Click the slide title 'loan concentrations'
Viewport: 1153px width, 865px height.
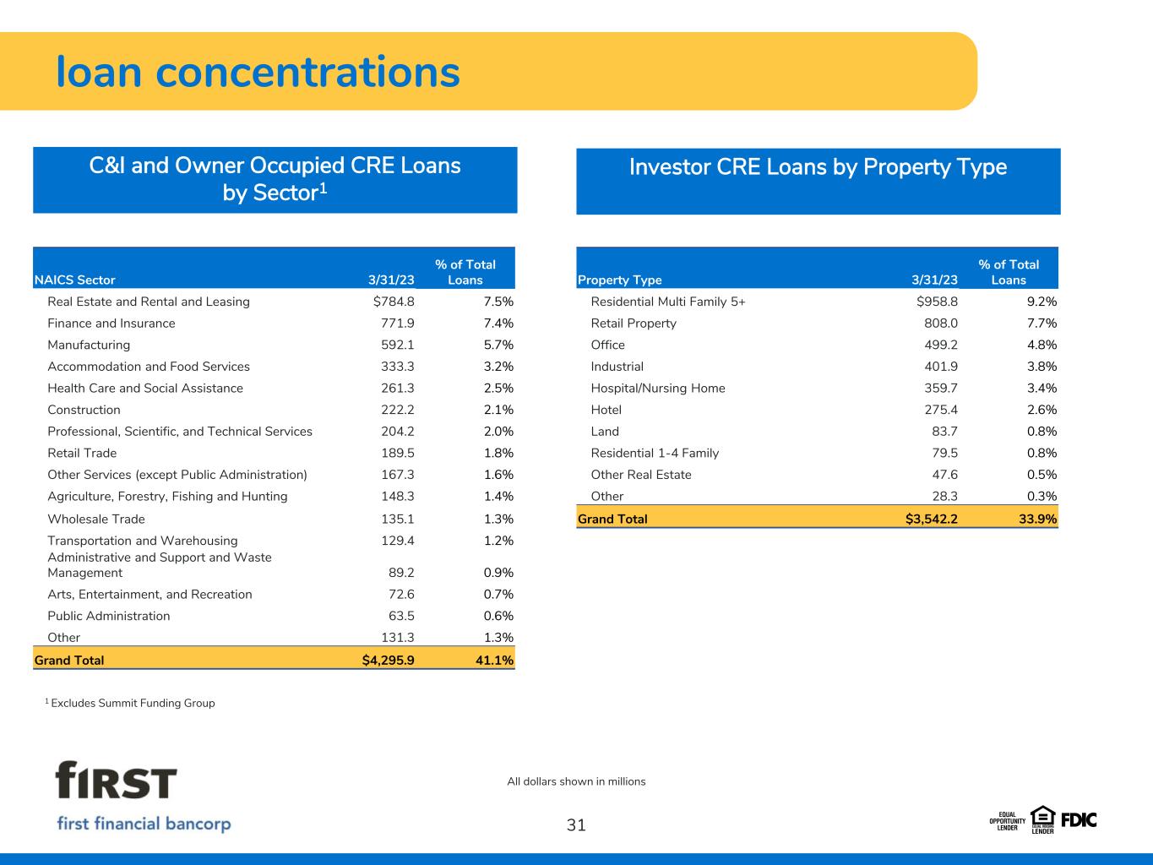point(258,72)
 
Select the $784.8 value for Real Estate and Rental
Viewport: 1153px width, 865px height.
point(382,302)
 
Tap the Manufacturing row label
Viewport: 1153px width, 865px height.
point(89,345)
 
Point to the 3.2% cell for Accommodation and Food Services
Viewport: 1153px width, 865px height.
point(492,367)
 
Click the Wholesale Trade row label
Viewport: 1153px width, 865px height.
point(96,519)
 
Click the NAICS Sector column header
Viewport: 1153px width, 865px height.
point(74,280)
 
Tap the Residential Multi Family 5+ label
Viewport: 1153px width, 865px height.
point(668,302)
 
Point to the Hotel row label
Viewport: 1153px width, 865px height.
point(606,410)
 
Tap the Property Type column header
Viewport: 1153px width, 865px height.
point(620,280)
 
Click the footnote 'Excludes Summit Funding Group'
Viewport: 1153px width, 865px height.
point(132,703)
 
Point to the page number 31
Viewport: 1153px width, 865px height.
point(576,825)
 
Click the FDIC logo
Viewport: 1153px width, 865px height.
point(1079,819)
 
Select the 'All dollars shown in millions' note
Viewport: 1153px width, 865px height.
point(576,781)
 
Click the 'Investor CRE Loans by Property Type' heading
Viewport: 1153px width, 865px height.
point(818,167)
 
